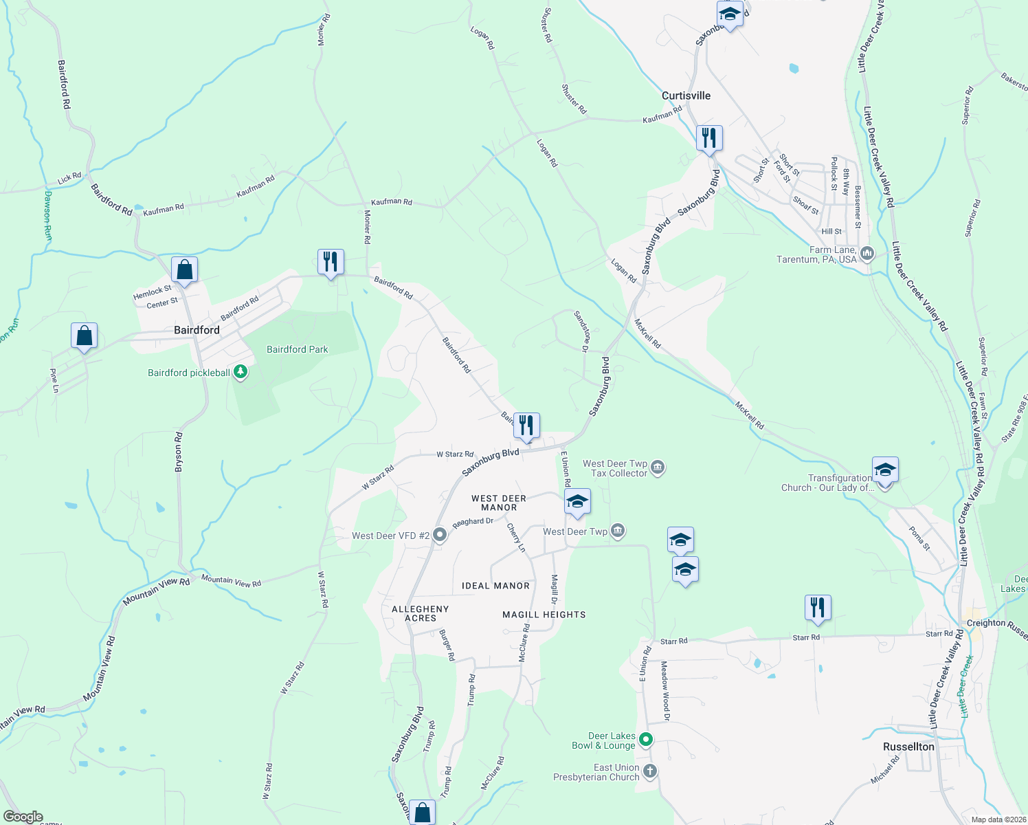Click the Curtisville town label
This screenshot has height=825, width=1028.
[x=686, y=96]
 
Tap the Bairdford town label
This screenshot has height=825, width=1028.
[x=197, y=330]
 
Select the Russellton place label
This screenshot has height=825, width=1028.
[x=908, y=747]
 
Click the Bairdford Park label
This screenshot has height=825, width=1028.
[x=298, y=349]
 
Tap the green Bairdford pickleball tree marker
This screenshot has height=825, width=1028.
[x=240, y=372]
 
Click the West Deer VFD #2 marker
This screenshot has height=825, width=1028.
[x=440, y=535]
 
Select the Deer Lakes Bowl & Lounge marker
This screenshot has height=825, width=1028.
[x=645, y=740]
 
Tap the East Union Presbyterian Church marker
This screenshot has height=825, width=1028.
[x=649, y=772]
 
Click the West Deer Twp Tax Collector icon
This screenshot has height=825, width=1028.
[x=658, y=468]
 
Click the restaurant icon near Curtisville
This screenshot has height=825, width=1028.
[x=708, y=138]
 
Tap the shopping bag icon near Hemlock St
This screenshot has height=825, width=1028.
[x=184, y=269]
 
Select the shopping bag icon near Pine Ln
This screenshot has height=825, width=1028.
[x=84, y=336]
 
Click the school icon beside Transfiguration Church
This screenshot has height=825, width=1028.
[x=884, y=471]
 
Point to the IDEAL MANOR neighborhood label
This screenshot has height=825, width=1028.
[x=495, y=586]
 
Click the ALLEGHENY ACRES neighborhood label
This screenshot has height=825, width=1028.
[x=420, y=613]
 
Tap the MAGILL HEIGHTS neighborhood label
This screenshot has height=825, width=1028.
[x=544, y=615]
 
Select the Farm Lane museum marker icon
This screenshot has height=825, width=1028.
[x=867, y=254]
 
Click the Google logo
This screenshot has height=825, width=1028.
[x=23, y=817]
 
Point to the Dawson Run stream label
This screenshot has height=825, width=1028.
[x=47, y=215]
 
